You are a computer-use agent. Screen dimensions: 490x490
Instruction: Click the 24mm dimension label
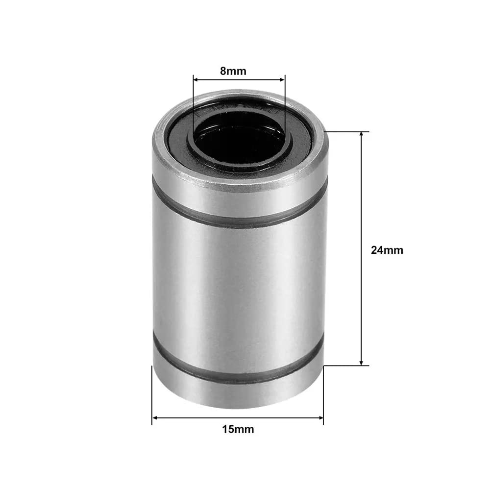point(387,250)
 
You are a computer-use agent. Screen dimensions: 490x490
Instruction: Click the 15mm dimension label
point(238,430)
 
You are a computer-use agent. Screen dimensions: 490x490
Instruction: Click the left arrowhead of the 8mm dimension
point(196,78)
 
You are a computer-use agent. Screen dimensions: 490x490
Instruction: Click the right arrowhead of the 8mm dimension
point(282,78)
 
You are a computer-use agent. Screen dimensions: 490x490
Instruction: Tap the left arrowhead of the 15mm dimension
point(155,417)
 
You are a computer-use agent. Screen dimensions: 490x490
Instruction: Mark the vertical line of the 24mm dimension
point(362,245)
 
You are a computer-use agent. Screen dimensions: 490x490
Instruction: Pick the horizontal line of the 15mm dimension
point(238,417)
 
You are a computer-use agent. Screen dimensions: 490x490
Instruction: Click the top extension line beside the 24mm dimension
point(345,132)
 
